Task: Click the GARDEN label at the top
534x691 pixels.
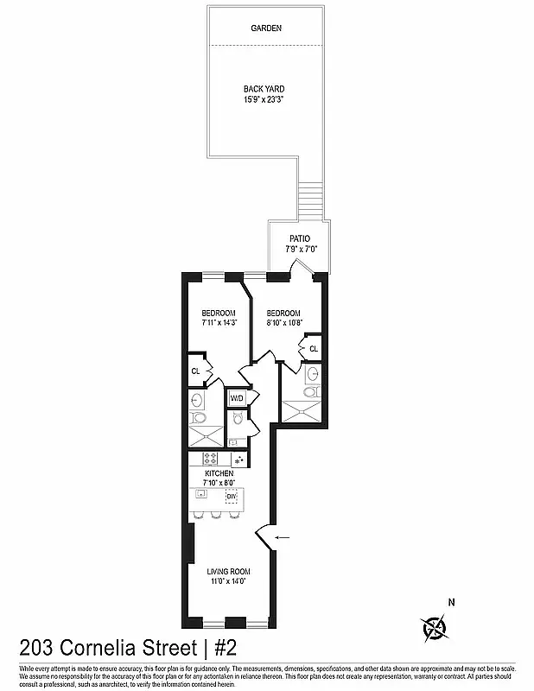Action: [x=266, y=29]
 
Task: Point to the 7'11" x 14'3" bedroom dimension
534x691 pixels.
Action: [x=219, y=322]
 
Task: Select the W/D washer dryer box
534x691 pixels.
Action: [x=237, y=398]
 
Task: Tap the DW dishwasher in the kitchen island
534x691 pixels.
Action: [x=232, y=497]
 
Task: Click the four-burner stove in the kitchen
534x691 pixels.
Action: [x=213, y=459]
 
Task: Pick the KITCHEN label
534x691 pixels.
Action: [x=219, y=474]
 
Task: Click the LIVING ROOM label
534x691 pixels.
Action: [x=229, y=571]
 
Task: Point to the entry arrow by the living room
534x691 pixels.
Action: [x=282, y=537]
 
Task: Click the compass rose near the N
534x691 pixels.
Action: [x=434, y=628]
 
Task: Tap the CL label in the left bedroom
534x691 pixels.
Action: [x=196, y=371]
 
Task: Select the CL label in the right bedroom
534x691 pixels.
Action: [x=313, y=349]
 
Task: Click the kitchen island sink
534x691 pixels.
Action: [x=200, y=495]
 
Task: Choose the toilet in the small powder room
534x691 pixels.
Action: [x=238, y=421]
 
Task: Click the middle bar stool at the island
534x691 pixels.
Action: [x=213, y=516]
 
